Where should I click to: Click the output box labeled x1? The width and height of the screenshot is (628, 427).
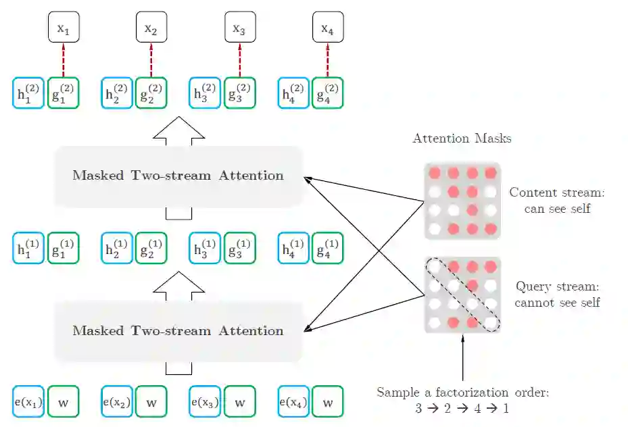click(x=63, y=28)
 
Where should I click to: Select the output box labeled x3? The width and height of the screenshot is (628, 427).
click(x=239, y=28)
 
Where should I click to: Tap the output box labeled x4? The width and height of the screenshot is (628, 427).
click(x=328, y=28)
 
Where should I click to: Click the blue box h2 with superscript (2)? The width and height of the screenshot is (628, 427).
click(x=117, y=93)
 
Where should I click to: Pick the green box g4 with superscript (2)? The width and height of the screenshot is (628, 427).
click(x=328, y=93)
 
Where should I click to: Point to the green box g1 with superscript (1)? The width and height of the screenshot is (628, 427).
click(x=63, y=248)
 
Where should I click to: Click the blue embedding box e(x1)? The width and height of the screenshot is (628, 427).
click(x=28, y=403)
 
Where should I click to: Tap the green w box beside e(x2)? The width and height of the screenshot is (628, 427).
click(x=151, y=403)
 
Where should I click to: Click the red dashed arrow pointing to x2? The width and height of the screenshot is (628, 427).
click(x=151, y=59)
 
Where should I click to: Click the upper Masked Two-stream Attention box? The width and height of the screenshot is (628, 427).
click(x=178, y=176)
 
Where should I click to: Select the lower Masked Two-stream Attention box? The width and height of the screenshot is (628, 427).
click(x=178, y=331)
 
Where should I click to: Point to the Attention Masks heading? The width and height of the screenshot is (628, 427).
click(x=462, y=139)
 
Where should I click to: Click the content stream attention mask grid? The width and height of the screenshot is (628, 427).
click(x=462, y=201)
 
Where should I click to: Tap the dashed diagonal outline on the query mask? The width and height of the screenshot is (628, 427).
click(x=462, y=295)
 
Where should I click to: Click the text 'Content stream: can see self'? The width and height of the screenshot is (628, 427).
click(x=557, y=201)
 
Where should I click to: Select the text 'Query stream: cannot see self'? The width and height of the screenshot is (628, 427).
click(x=557, y=295)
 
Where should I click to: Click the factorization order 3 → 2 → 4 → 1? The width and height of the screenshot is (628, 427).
click(x=462, y=409)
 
